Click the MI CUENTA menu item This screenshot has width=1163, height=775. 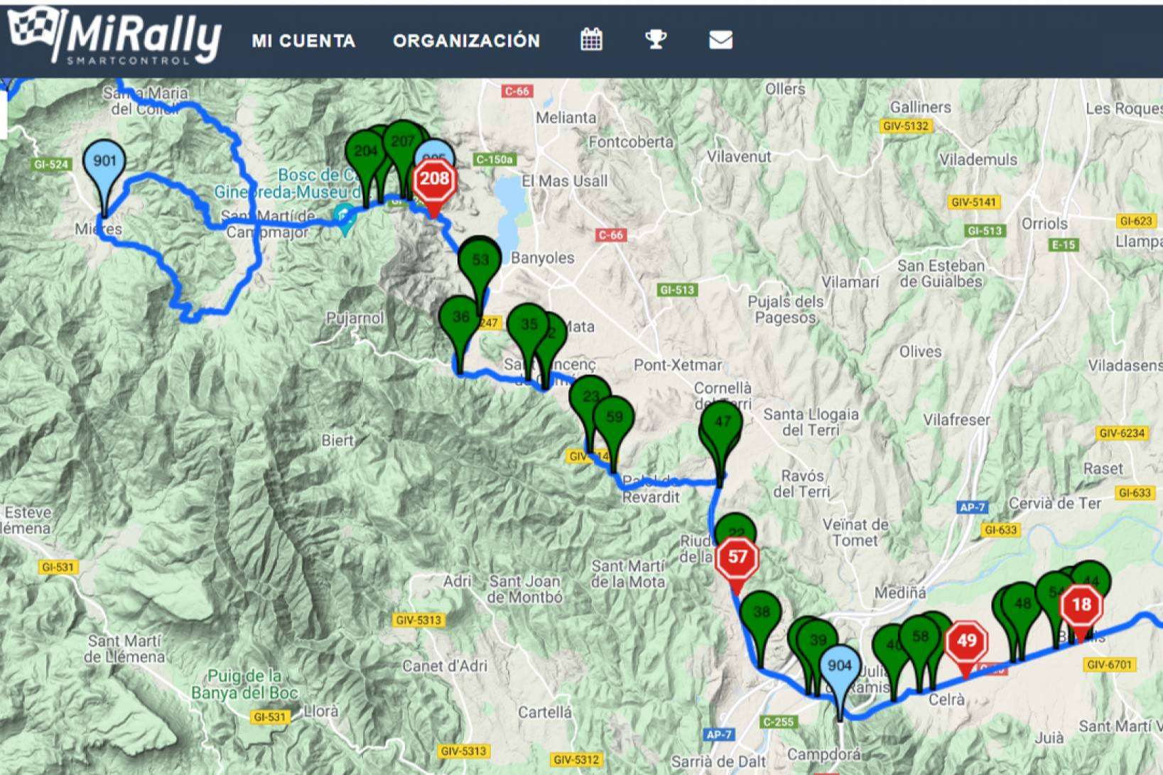click(x=303, y=40)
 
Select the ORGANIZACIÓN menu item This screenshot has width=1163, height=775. click(x=466, y=40)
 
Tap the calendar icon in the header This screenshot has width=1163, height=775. click(x=591, y=40)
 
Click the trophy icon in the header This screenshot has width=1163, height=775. click(x=655, y=40)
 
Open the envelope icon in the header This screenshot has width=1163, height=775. click(x=720, y=40)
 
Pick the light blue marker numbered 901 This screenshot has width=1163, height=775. click(x=104, y=163)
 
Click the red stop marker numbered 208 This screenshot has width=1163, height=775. click(x=434, y=179)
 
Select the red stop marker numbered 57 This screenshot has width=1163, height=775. click(x=737, y=558)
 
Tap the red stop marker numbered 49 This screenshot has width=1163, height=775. click(x=966, y=642)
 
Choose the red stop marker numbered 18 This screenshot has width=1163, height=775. click(x=1081, y=606)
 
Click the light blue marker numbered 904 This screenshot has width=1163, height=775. click(x=839, y=668)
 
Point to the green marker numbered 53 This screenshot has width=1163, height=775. click(x=480, y=261)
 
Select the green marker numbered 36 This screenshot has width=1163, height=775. click(x=460, y=318)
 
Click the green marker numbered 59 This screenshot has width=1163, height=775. click(x=614, y=418)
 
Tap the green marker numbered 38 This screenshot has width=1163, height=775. click(x=761, y=612)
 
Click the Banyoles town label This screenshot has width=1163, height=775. click(x=542, y=258)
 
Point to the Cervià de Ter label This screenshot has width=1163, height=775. click(x=1054, y=504)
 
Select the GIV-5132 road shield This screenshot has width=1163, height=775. click(x=905, y=126)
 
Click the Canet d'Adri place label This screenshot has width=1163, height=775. click(x=445, y=666)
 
